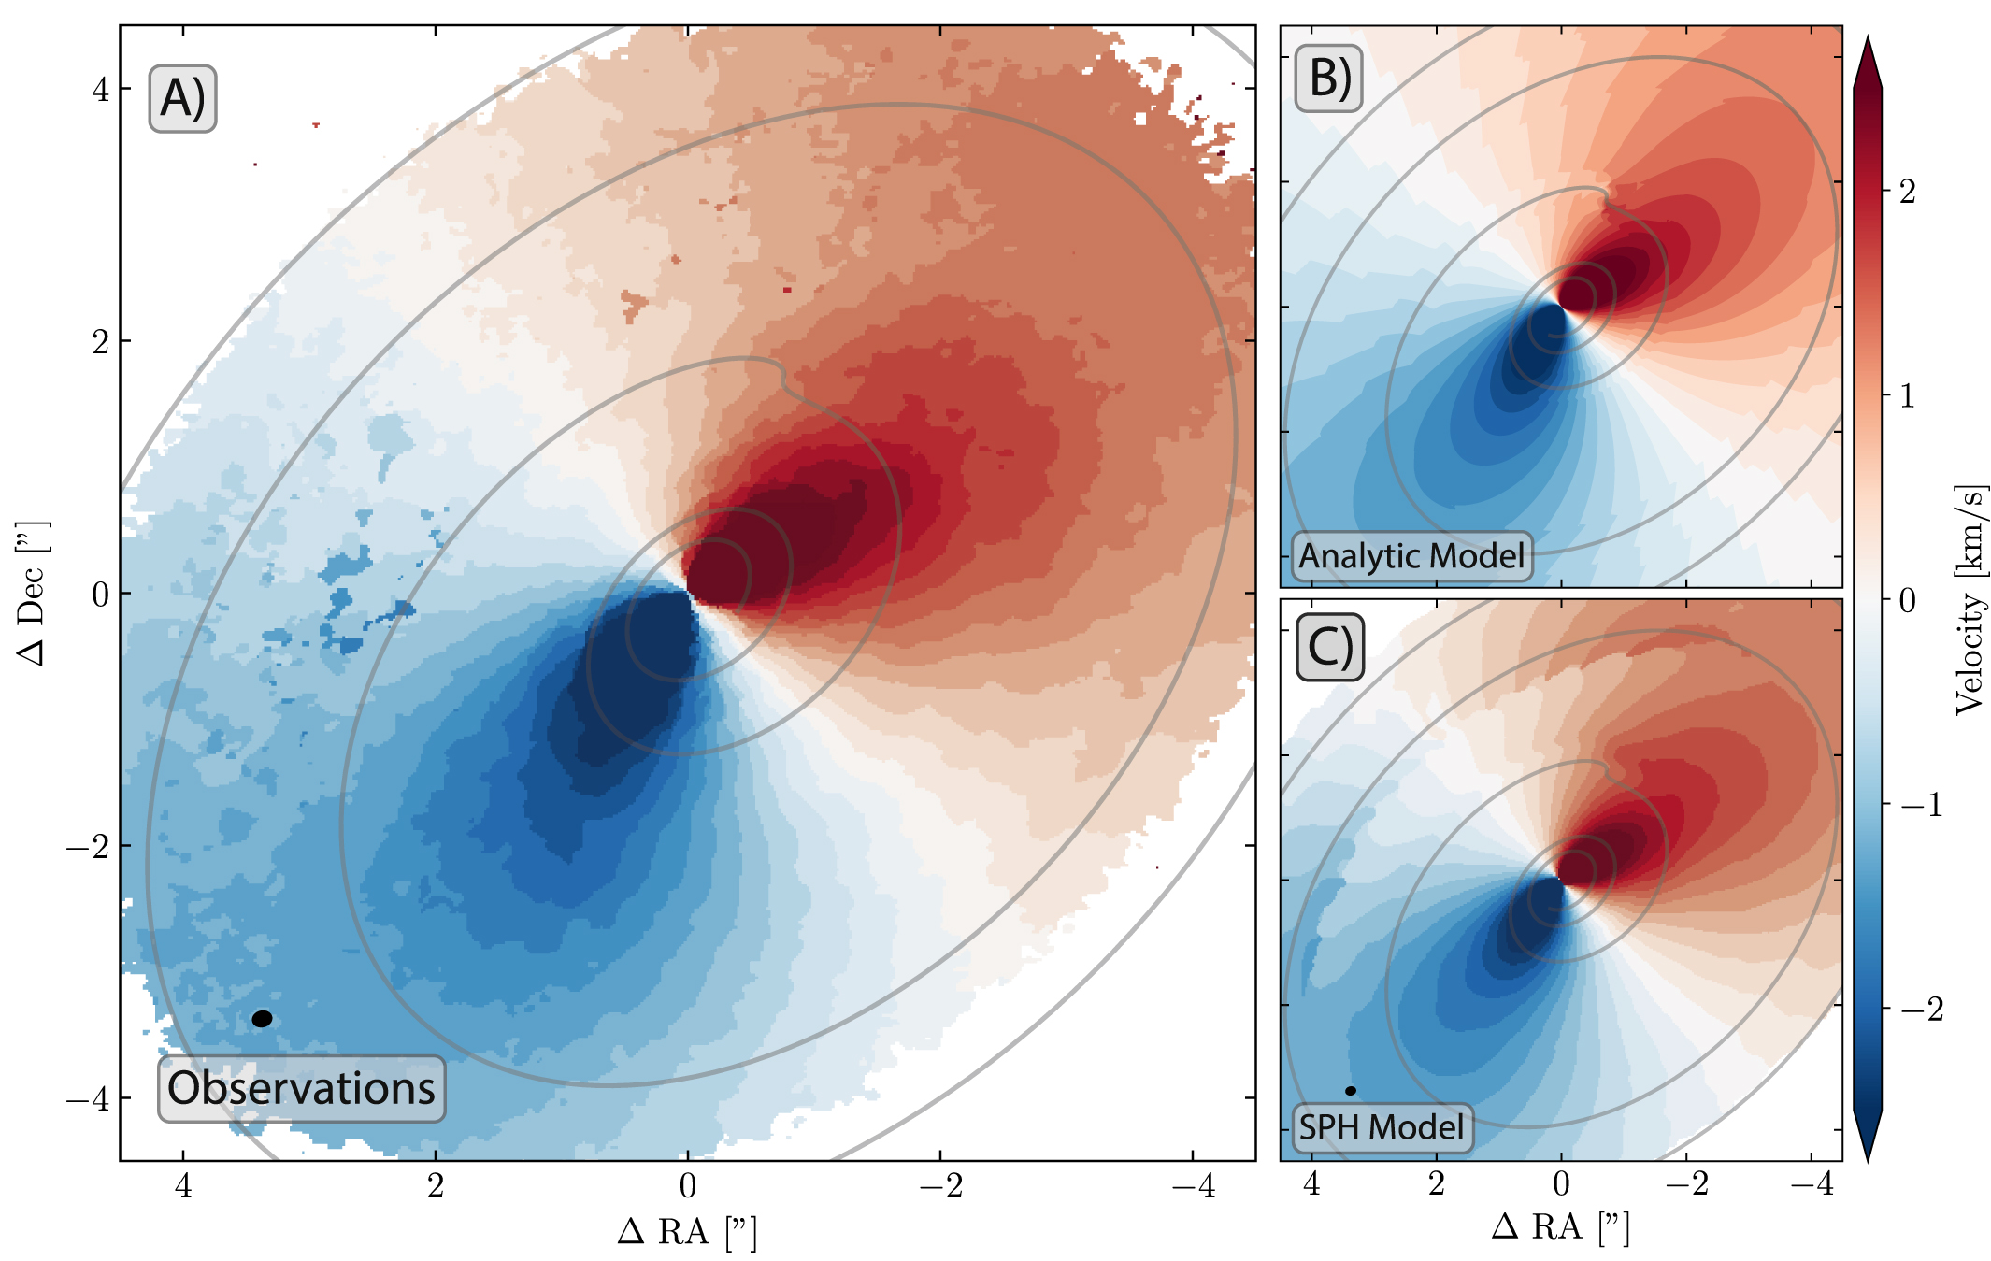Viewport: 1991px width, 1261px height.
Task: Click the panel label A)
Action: coord(182,98)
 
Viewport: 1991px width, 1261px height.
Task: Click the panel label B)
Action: coord(1328,78)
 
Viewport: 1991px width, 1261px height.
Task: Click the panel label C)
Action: coord(1329,647)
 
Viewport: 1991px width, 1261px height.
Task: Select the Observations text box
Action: coord(301,1088)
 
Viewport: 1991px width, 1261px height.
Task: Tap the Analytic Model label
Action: coord(1411,556)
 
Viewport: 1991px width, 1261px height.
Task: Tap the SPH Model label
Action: coord(1381,1127)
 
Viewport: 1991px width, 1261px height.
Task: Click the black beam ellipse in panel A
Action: coord(263,1019)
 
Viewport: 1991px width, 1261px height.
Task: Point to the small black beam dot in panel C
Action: coord(1350,1091)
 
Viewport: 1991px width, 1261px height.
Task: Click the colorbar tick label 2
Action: coord(1908,192)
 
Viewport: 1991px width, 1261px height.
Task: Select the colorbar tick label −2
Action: coord(1921,1009)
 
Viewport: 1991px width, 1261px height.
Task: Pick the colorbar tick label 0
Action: coord(1908,600)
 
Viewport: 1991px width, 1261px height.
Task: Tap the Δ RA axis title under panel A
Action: coord(687,1232)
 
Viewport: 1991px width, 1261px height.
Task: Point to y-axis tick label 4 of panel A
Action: coord(100,90)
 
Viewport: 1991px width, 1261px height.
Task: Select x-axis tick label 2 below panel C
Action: coord(1436,1183)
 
